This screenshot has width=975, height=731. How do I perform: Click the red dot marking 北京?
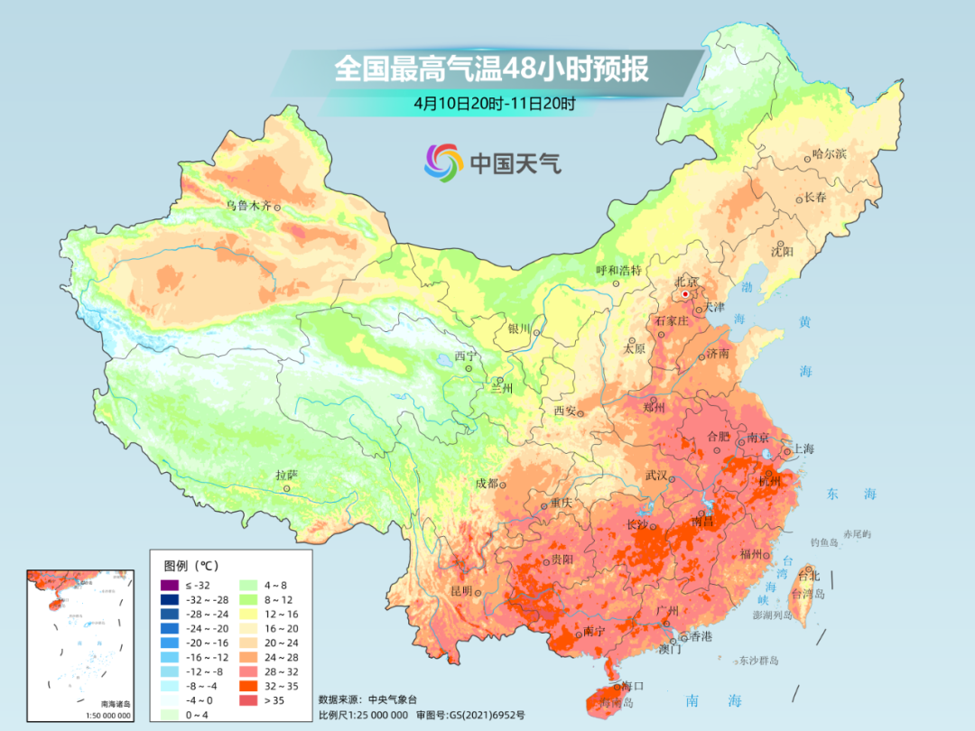[685, 294]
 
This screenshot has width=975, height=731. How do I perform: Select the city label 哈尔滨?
[829, 154]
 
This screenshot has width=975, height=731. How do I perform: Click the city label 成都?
[487, 483]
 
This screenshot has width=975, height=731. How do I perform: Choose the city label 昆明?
[460, 591]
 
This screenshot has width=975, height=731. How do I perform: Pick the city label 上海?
[803, 449]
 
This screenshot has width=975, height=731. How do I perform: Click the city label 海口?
[633, 687]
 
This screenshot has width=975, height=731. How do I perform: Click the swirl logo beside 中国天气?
[443, 162]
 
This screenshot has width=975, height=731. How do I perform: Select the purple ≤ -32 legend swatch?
[167, 586]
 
